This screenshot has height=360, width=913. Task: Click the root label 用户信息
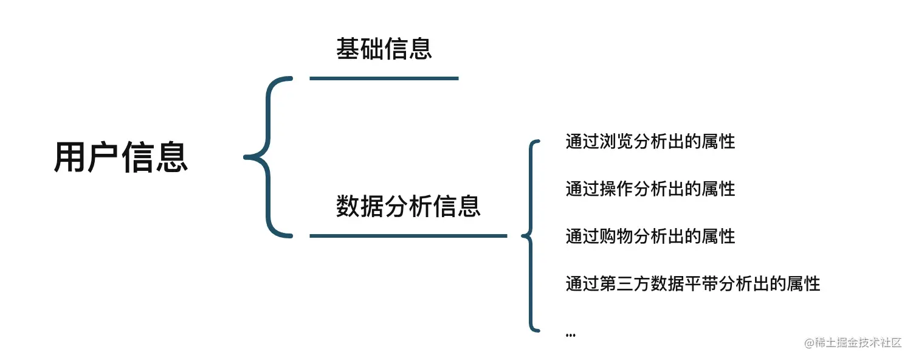[x=121, y=157]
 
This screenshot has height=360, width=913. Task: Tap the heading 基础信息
[x=384, y=49]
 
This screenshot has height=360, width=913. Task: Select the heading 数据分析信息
[x=408, y=206]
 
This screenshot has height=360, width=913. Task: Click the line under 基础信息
[x=384, y=78]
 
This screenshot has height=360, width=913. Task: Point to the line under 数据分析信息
[x=408, y=235]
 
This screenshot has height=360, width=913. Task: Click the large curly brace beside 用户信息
[x=267, y=157]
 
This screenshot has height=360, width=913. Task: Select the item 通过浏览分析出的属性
[x=650, y=142]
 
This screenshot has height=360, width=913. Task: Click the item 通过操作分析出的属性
[x=650, y=189]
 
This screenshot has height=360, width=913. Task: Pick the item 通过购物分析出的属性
[x=650, y=236]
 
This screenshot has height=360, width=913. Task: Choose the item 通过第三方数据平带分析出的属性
[x=693, y=283]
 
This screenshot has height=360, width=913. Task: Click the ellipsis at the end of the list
[x=570, y=334]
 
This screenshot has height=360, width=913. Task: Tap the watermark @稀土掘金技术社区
[x=853, y=343]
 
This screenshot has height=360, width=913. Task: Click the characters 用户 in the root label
[x=87, y=157]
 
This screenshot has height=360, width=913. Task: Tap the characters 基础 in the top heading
[x=360, y=49]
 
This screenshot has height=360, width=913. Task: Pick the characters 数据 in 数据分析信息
[x=360, y=206]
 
